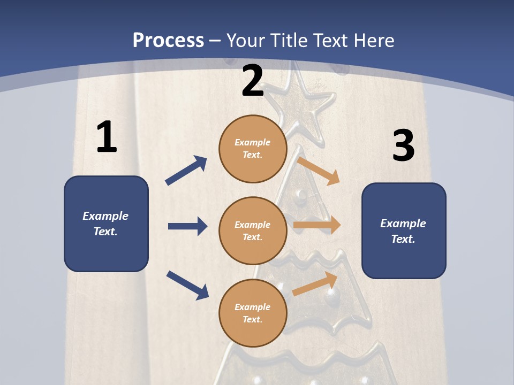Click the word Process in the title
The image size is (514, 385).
pos(168,41)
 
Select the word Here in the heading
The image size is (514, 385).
pos(374,41)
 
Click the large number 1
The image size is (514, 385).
pos(107,137)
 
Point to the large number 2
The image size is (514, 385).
pos(253,81)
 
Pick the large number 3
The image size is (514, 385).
pos(403,146)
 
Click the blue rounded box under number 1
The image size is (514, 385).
pos(106,224)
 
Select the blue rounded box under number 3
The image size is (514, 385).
pos(404,230)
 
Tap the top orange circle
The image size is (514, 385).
pos(253,149)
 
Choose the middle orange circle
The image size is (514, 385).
pos(253,230)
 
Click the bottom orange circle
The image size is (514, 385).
pos(253,313)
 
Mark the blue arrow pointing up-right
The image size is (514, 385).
pos(186,171)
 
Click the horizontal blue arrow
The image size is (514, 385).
pos(187,226)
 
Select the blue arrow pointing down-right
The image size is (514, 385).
pos(187,285)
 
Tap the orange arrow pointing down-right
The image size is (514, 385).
pos(319,171)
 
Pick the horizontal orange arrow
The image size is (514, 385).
pos(317,225)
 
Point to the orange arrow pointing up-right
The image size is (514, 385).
pos(315,284)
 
